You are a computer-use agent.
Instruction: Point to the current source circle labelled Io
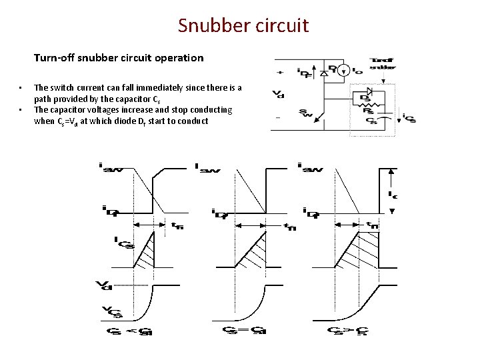tap(345, 69)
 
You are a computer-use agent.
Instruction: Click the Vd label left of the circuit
tap(277, 94)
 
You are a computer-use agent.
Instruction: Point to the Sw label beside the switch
tap(304, 113)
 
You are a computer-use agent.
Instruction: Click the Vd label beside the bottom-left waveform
tap(103, 286)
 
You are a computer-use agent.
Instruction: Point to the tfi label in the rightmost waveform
tap(371, 225)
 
